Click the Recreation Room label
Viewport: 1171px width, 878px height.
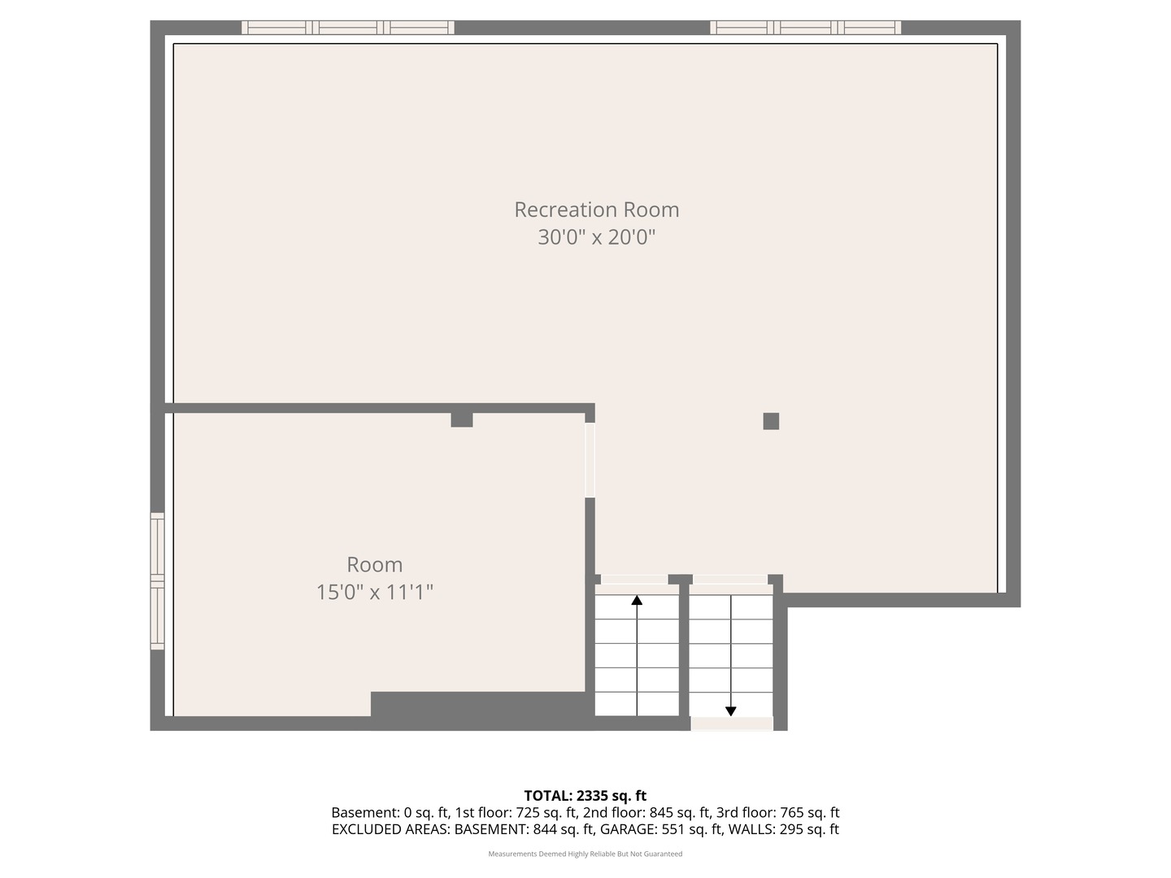pos(596,210)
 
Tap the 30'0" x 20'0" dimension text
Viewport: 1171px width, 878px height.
pos(596,237)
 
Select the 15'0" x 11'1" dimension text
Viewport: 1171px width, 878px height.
pos(375,593)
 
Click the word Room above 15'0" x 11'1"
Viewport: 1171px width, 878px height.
pos(375,564)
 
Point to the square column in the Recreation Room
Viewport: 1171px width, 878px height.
pos(771,421)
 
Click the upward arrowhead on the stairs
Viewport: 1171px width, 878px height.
pos(637,600)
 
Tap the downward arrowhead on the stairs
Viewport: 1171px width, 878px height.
pos(731,711)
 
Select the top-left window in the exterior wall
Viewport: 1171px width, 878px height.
pos(348,27)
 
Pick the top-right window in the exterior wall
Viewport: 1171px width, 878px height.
pos(806,27)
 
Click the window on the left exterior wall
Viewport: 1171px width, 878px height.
pos(158,581)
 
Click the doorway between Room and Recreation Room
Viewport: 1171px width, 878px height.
pos(590,460)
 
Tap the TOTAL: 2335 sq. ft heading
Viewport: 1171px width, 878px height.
pos(585,796)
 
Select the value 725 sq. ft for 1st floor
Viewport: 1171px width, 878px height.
pos(546,812)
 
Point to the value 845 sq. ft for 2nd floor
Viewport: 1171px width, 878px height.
pos(680,812)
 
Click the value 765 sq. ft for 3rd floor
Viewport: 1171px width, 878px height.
pos(810,812)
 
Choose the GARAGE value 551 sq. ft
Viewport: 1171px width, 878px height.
pos(692,829)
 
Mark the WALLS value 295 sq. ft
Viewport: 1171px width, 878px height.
pos(809,829)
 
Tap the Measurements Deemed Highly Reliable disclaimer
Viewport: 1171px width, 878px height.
pos(585,854)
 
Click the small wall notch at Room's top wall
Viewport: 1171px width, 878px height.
pos(462,420)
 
